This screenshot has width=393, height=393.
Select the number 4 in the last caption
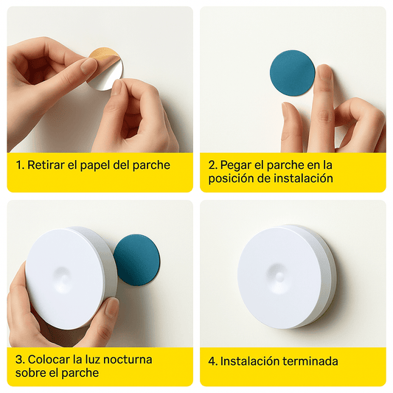pyautogui.click(x=212, y=361)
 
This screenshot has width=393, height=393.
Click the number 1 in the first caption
pyautogui.click(x=18, y=165)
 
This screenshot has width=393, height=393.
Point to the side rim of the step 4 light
pyautogui.click(x=324, y=277)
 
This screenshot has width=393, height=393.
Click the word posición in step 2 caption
pyautogui.click(x=232, y=178)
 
